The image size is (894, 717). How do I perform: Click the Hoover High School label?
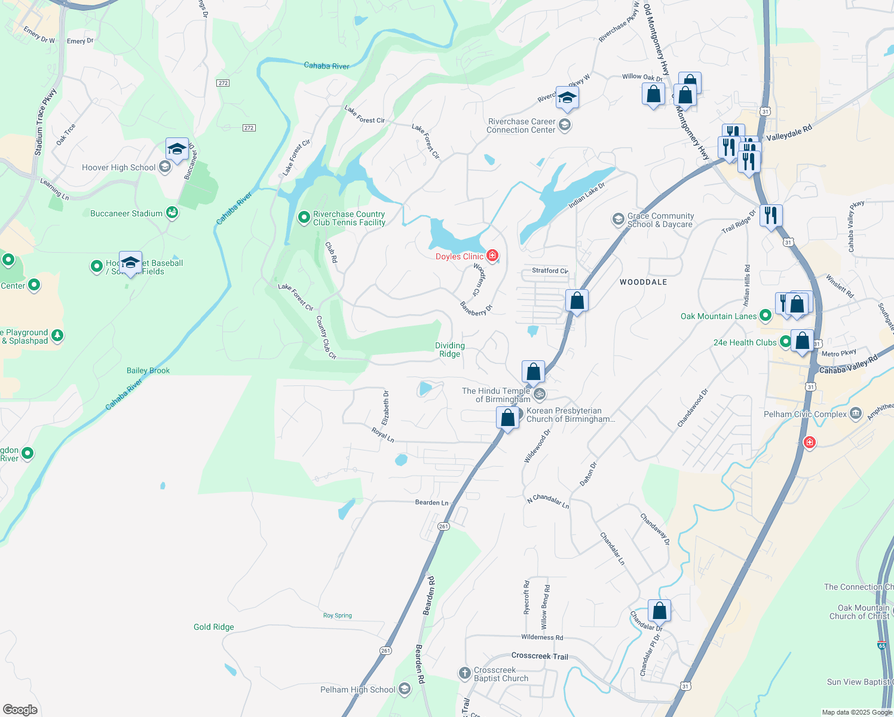tap(118, 167)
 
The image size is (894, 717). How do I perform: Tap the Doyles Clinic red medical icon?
tap(492, 256)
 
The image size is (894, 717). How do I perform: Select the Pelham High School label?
tap(357, 690)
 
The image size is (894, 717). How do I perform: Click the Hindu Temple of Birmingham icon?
tap(540, 394)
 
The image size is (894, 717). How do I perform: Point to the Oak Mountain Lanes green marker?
tap(765, 316)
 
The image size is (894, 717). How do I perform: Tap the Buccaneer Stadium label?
tap(126, 213)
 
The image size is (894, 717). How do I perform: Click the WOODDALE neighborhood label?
tap(643, 282)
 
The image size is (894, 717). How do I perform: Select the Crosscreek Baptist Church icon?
tap(464, 673)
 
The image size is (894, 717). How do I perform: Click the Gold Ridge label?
tap(214, 627)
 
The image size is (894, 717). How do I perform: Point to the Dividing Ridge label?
tap(450, 350)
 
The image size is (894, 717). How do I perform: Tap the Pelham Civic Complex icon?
tap(856, 413)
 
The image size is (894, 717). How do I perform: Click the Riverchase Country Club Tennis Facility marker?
tap(304, 217)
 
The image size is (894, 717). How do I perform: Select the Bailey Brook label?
tap(148, 370)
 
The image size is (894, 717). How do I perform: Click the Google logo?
tap(20, 709)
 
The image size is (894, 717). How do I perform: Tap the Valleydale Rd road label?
tap(789, 133)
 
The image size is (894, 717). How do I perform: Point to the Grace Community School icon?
tap(619, 219)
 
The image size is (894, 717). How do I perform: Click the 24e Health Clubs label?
tap(745, 342)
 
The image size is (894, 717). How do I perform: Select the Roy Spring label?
tap(338, 615)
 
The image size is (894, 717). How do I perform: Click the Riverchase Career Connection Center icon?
tap(565, 125)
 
